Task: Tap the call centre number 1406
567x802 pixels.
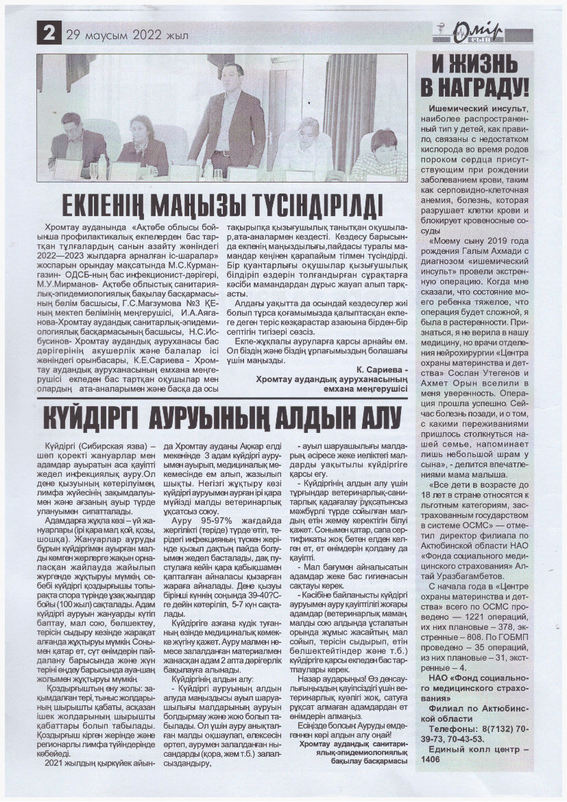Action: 431,759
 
